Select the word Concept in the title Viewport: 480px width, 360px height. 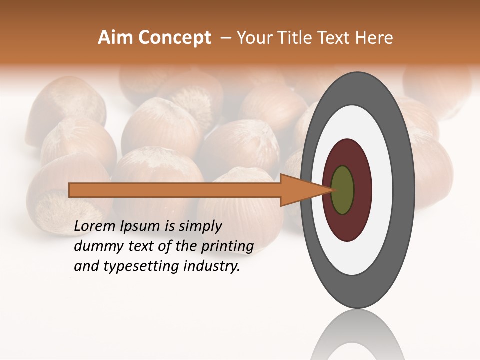pos(174,38)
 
